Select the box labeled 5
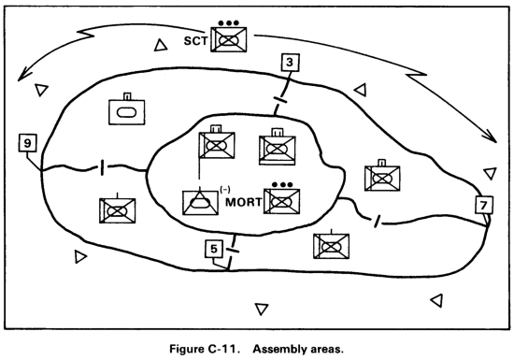(x=213, y=250)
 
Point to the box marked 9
(x=28, y=143)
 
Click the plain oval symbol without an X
(x=127, y=111)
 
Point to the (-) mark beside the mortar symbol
(x=224, y=190)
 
